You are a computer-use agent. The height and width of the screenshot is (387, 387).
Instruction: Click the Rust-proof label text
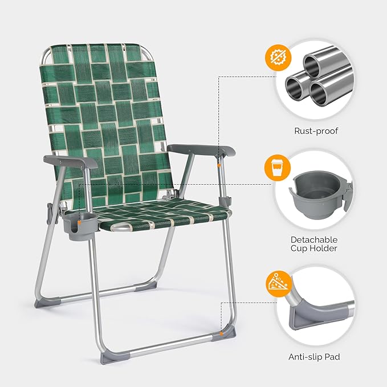coord(316,131)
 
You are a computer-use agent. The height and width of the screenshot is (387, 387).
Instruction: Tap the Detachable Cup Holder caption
coord(315,245)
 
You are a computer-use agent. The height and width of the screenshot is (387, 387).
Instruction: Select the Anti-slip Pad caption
coord(315,357)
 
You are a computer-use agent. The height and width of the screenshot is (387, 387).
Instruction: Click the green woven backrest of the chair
coord(108,114)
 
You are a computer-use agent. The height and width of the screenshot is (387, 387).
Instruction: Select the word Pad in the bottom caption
coord(332,357)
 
